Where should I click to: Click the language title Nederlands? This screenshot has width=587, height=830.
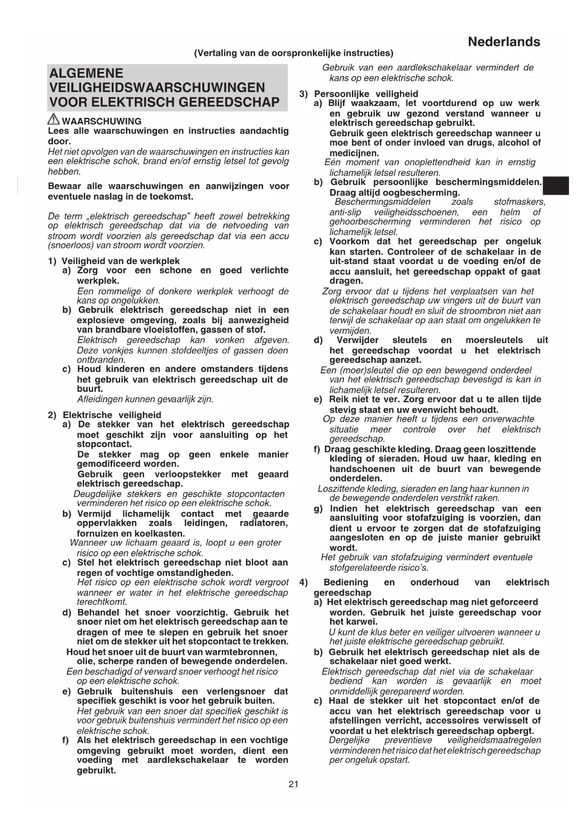(504, 42)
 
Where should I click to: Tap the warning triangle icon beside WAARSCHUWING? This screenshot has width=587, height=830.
(54, 120)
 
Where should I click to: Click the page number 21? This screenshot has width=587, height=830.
(293, 785)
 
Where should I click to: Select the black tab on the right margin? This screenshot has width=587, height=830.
(556, 185)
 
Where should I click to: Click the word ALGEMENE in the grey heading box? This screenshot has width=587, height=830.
(86, 73)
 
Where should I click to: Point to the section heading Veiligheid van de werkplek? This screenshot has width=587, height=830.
(121, 261)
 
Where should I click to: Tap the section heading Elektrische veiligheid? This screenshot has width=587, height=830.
(112, 415)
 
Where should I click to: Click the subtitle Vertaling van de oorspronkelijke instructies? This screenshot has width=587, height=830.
(293, 53)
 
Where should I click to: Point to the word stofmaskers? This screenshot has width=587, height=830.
(519, 202)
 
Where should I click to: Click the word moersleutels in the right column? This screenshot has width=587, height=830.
(494, 340)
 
